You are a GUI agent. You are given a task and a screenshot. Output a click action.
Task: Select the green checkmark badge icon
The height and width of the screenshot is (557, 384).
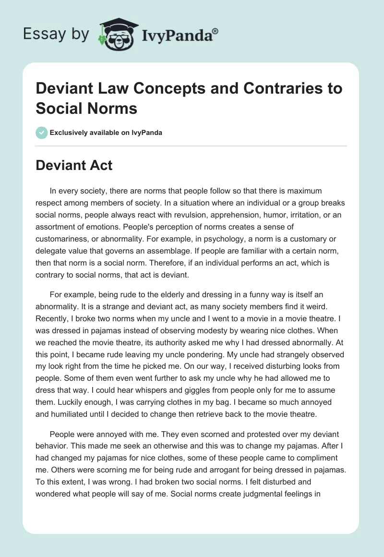click(42, 133)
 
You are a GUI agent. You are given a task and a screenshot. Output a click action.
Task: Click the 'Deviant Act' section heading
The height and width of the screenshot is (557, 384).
click(74, 166)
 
